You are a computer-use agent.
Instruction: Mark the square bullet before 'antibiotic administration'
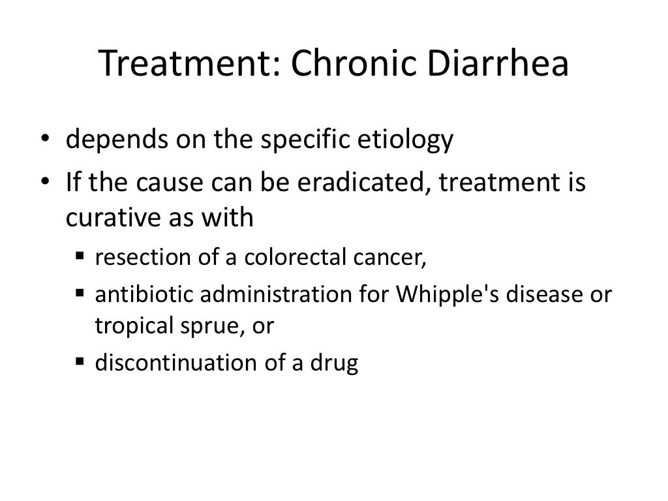[80, 293]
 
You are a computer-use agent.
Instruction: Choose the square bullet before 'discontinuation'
[80, 362]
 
